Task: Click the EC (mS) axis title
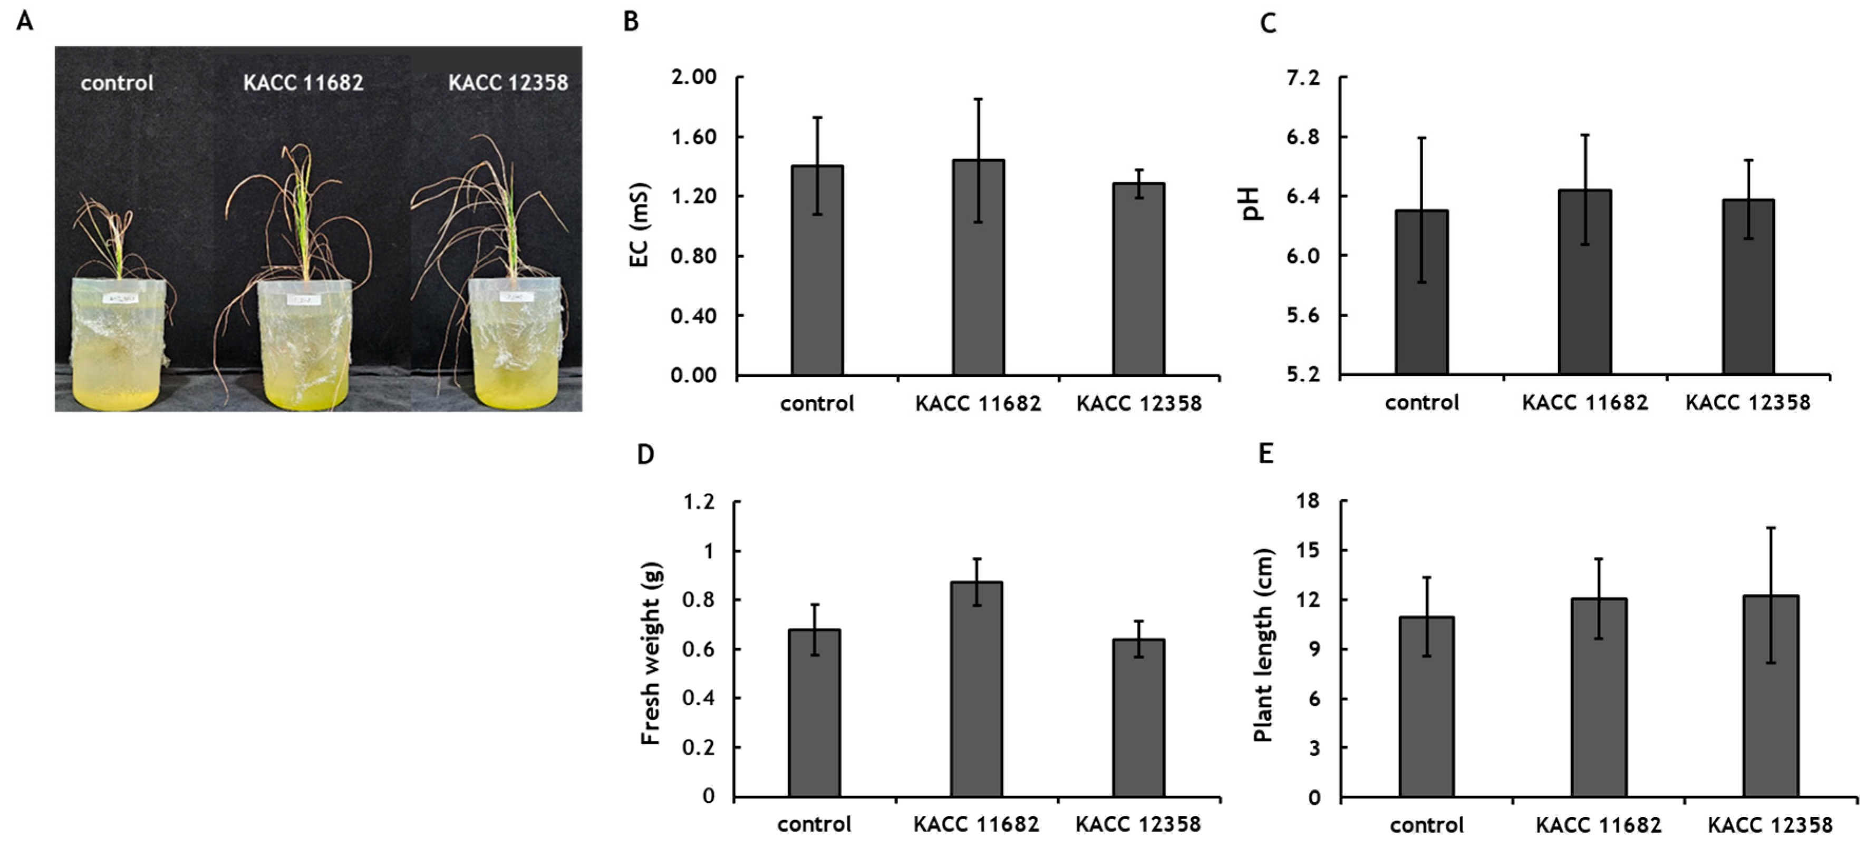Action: [x=639, y=225]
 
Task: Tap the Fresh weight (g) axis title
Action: [x=651, y=653]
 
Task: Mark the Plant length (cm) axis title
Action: [x=1263, y=645]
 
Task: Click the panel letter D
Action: [x=645, y=455]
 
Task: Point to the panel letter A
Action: [x=25, y=21]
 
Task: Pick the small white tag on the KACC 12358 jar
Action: [x=516, y=297]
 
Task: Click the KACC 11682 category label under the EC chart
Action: [x=978, y=403]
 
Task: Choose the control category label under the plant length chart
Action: [x=1426, y=825]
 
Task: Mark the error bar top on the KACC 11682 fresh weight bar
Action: [x=976, y=558]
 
